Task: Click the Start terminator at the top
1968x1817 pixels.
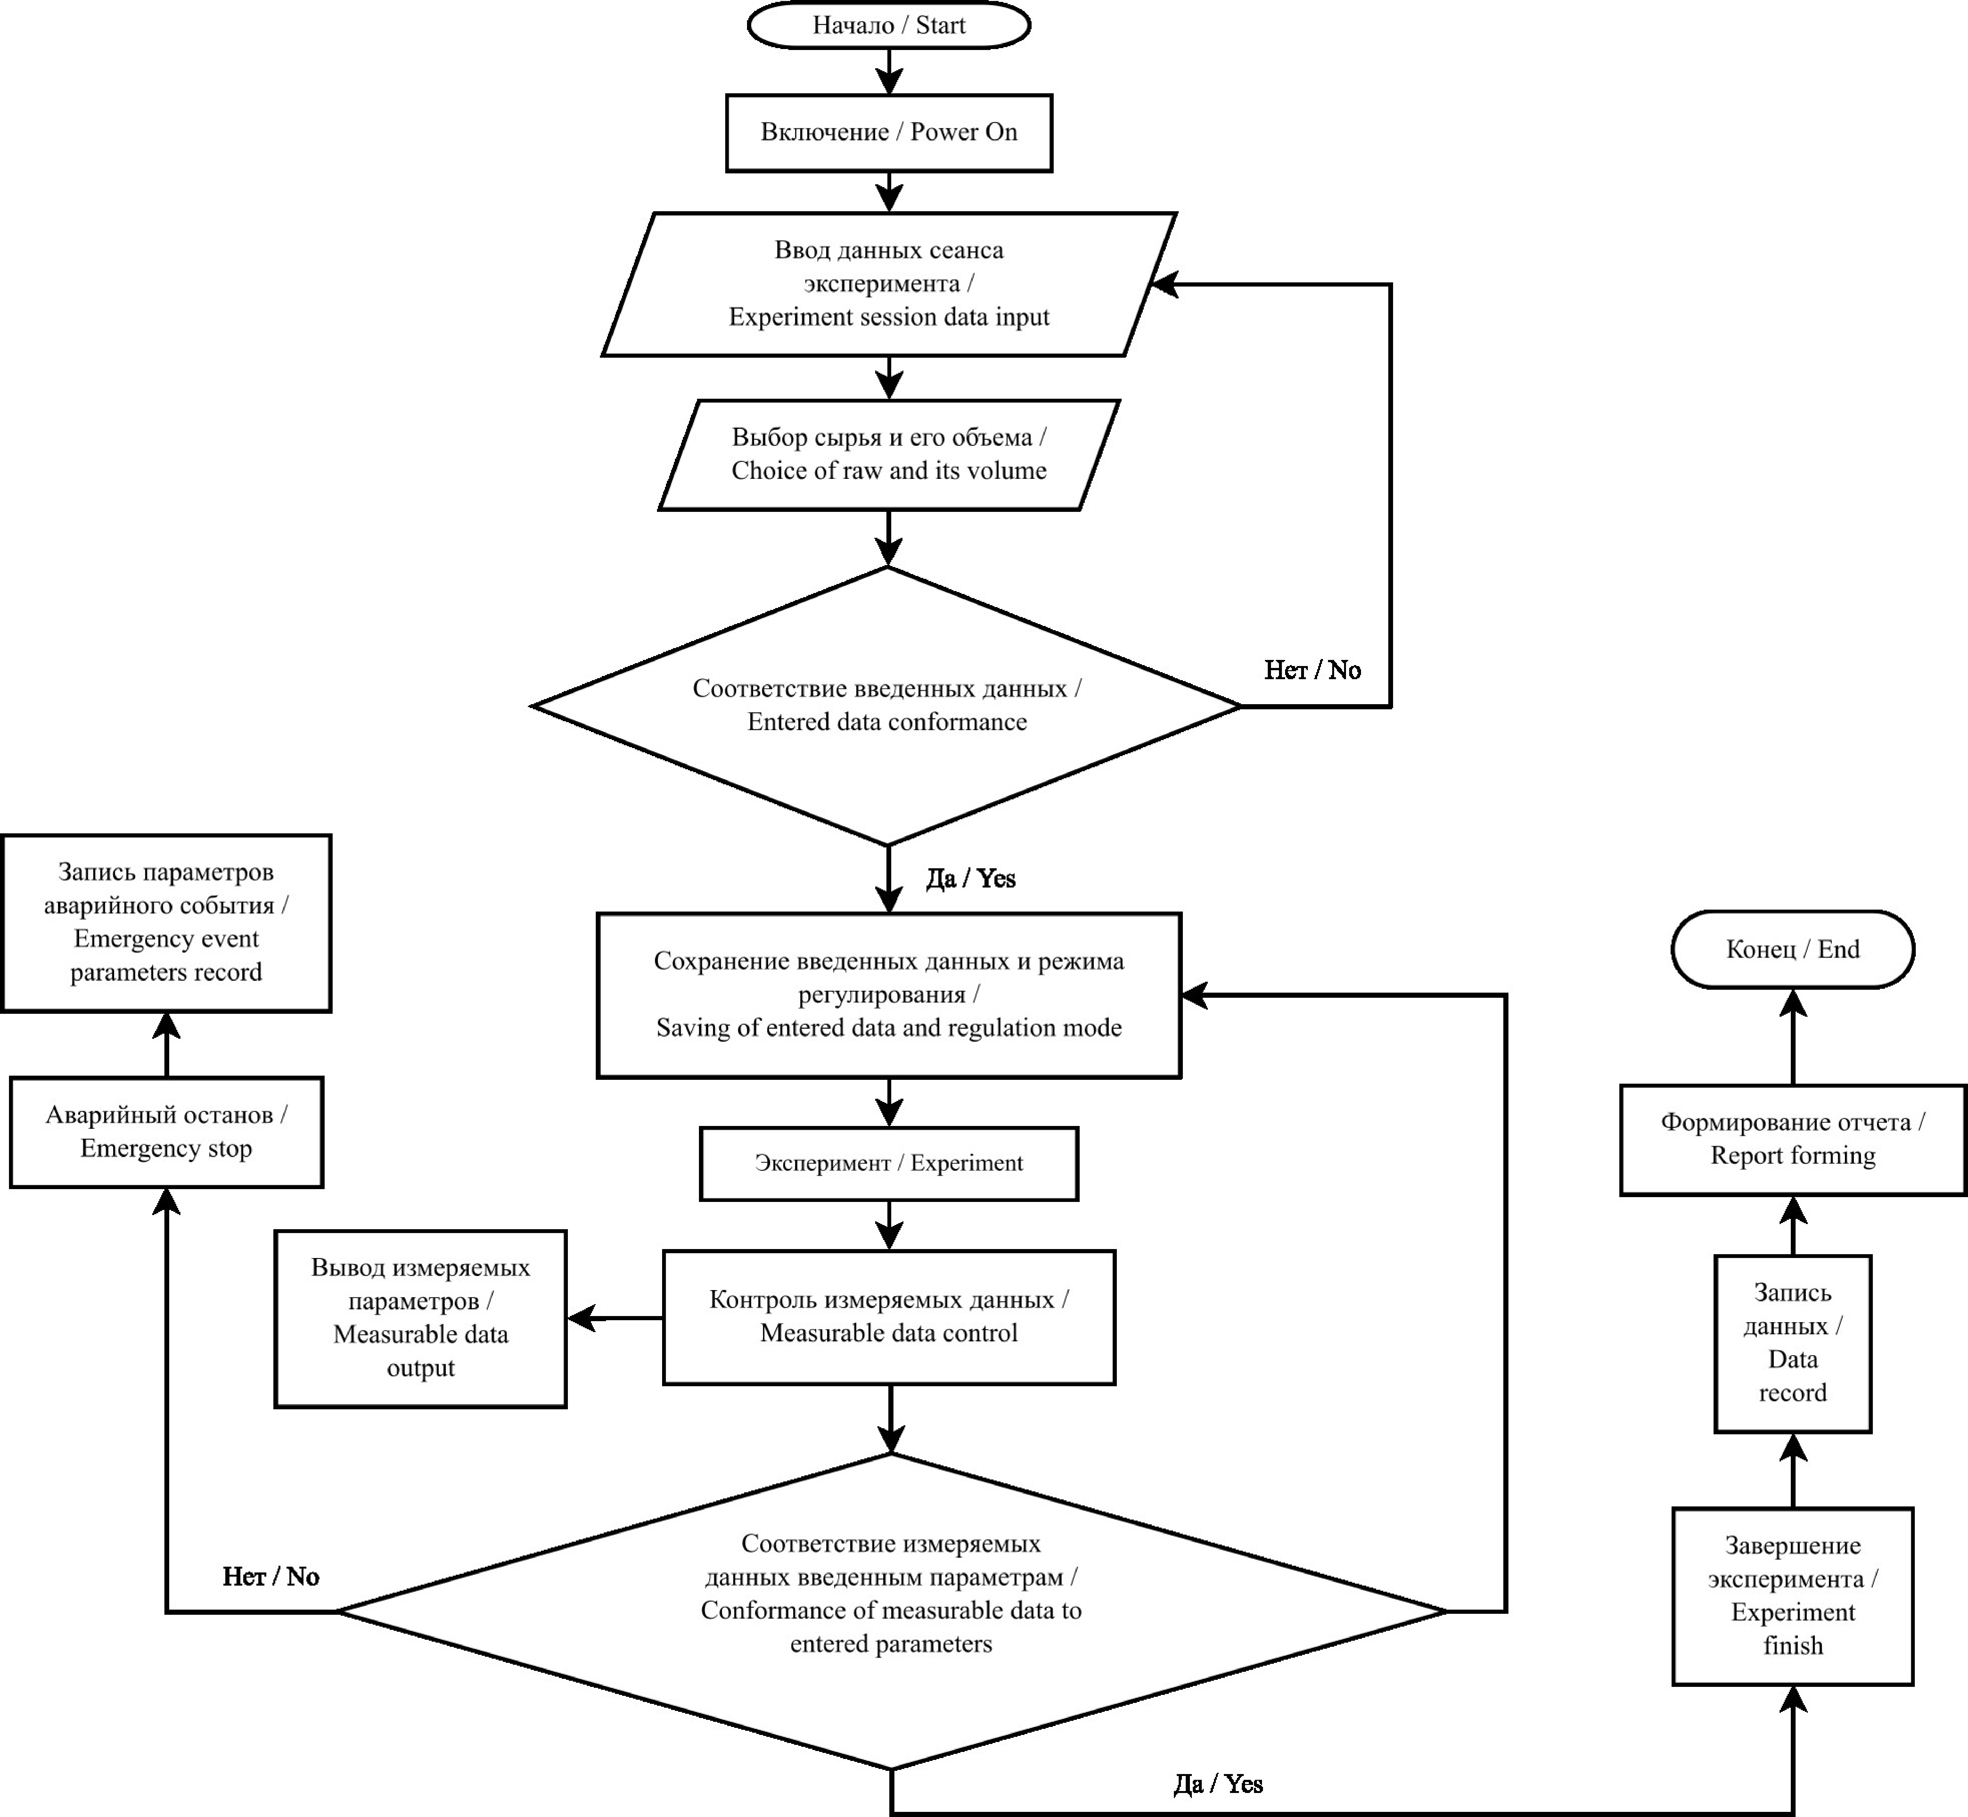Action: (889, 25)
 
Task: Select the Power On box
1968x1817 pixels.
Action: (889, 133)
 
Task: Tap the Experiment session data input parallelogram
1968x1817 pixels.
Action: (889, 284)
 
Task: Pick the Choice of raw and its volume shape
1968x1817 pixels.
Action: (889, 454)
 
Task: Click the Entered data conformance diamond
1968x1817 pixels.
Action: (887, 705)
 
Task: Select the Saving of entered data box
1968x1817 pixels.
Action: (889, 995)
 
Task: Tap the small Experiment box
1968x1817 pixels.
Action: (889, 1163)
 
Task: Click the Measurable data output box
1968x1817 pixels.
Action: (421, 1319)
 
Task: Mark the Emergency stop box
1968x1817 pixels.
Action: (166, 1132)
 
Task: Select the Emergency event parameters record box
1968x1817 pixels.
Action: (166, 922)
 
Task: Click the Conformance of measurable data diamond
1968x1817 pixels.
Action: (891, 1611)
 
